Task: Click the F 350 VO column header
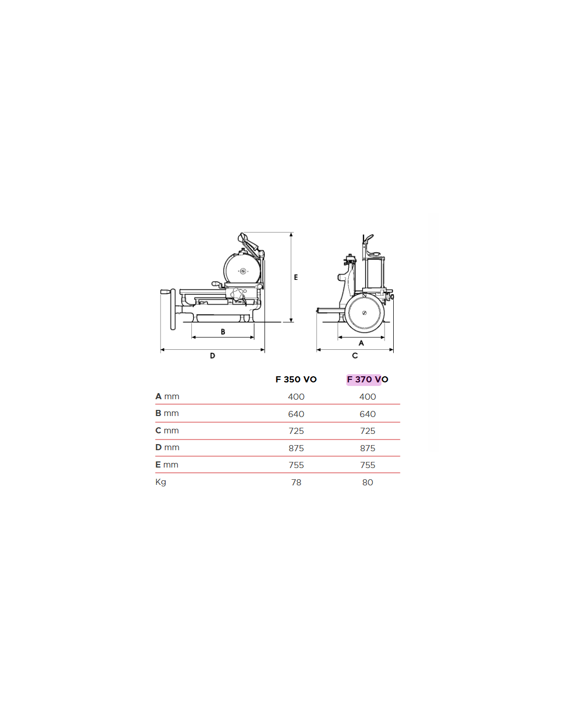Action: pos(296,379)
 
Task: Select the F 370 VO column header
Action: pos(367,379)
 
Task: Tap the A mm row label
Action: pos(167,396)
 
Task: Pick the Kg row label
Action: pos(161,482)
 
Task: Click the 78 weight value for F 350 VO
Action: pos(296,482)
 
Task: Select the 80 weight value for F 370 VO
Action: pos(367,482)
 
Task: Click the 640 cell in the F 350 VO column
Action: pos(296,414)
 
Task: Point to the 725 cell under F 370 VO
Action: pos(367,431)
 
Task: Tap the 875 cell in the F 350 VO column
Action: pos(296,449)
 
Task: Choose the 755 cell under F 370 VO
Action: pos(367,465)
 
